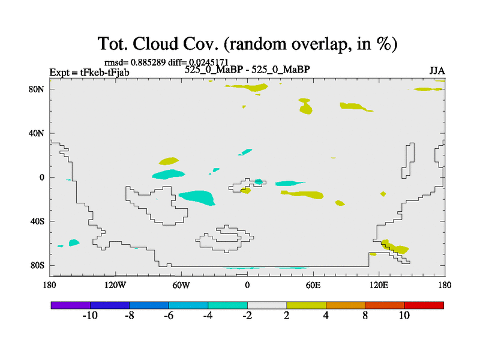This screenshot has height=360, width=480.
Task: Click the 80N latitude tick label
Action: coord(37,89)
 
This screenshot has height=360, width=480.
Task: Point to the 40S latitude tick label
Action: coord(37,221)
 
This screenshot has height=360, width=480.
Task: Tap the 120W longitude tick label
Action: coord(115,286)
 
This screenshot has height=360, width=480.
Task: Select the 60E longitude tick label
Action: coord(313,286)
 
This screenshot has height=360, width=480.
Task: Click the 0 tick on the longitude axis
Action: coord(247,286)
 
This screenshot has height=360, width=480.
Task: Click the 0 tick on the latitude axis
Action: coord(41,177)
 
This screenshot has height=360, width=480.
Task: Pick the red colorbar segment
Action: coord(424,305)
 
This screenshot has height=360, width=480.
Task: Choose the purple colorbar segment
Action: coord(71,305)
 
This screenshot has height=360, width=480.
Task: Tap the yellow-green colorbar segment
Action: coord(306,305)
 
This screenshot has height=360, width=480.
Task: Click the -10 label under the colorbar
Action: coord(90,316)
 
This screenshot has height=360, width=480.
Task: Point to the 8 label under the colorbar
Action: coord(365,316)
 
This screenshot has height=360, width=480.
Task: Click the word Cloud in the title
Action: coord(155,43)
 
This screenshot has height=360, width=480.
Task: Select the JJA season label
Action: coord(437,71)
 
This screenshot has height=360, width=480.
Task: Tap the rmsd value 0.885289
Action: coord(148,62)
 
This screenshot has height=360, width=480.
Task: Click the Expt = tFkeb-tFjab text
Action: coord(89,73)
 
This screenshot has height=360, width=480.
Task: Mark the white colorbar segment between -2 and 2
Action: coord(267,305)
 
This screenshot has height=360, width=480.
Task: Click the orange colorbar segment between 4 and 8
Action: coord(346,305)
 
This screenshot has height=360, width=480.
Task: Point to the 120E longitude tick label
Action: coord(379,286)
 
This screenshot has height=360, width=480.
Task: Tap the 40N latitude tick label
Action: coord(37,133)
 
